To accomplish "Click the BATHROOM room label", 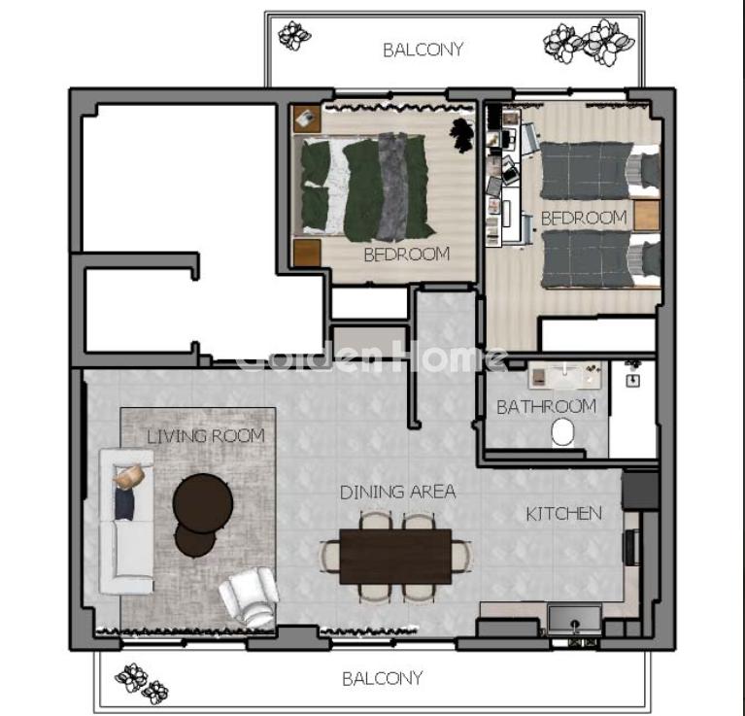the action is point(546,407).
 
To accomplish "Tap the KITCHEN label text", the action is point(564,514).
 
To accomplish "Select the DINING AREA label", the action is point(397,492).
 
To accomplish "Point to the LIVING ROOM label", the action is point(206,436).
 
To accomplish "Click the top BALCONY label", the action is point(423,50).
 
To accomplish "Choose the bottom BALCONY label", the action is point(383,678).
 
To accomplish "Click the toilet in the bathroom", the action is point(563,432).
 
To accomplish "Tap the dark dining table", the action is point(395,557).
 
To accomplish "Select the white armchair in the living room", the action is point(249,596).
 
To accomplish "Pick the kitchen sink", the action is point(574,620).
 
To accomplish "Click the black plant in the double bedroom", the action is point(461,135).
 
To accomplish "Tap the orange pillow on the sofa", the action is point(129,477).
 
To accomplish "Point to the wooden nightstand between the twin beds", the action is point(647,216).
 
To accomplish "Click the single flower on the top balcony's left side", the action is point(294,36).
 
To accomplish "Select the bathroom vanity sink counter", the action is point(565,375).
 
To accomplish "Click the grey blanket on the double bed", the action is point(393,187).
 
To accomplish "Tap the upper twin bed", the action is point(600,170).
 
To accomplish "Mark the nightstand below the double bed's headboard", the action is point(307,253).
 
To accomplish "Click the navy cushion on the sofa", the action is point(124,503).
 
